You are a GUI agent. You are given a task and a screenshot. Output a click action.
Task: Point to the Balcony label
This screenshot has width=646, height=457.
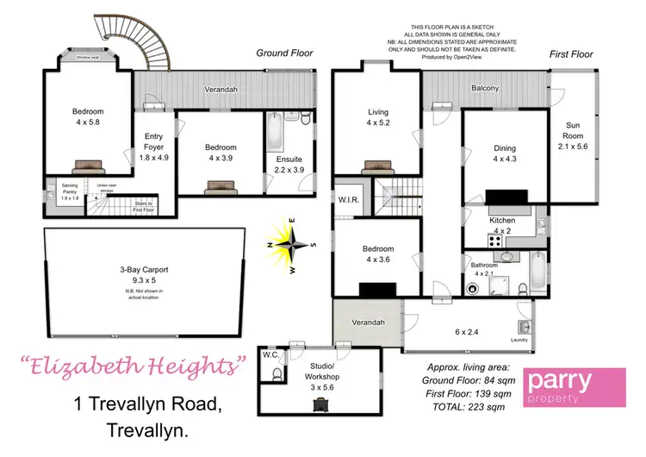(x=487, y=88)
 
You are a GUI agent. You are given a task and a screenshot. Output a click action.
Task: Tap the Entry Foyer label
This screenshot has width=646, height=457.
(x=154, y=147)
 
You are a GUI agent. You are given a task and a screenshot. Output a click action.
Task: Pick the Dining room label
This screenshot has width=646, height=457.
(x=504, y=153)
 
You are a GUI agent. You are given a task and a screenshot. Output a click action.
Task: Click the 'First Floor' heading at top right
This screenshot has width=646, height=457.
(x=571, y=53)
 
